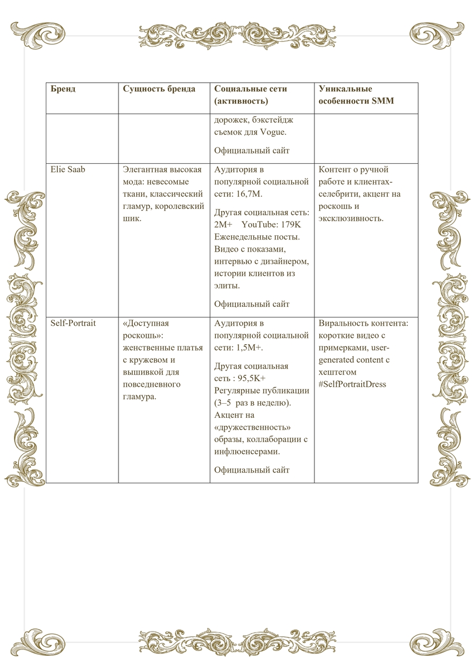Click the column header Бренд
(63, 89)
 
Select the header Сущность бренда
(159, 89)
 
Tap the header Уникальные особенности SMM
(356, 95)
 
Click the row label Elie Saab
(68, 170)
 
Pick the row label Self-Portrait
(73, 323)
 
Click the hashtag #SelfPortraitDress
(352, 384)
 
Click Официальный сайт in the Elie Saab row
(252, 304)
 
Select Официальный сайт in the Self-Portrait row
(252, 470)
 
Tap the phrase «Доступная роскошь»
(146, 329)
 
